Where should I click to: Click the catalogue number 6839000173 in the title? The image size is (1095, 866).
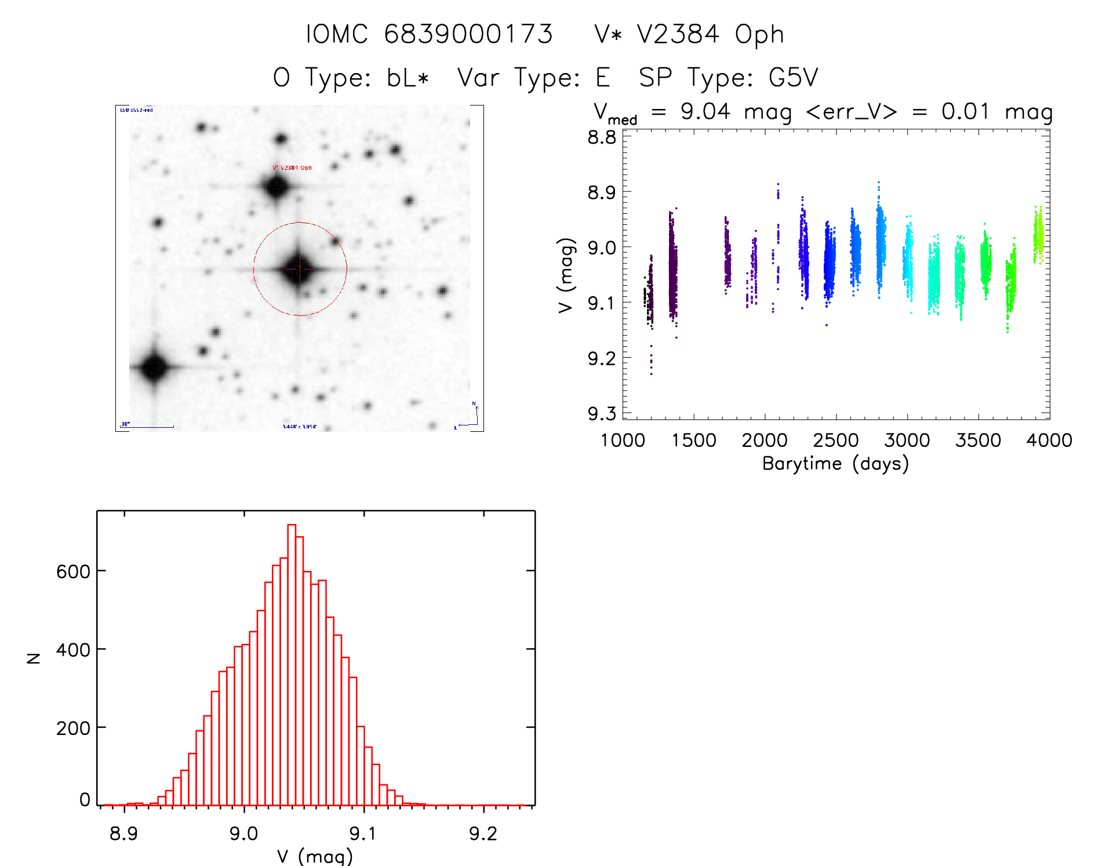(468, 34)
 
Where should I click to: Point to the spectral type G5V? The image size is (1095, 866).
(794, 78)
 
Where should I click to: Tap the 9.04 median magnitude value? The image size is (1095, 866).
(705, 111)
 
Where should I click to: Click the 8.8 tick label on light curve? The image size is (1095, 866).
(602, 137)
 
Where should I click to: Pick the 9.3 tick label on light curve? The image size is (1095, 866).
(602, 413)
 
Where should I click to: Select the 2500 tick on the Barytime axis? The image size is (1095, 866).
(836, 441)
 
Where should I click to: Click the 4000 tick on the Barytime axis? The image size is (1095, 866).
(1049, 441)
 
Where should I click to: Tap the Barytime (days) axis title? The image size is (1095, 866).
(835, 464)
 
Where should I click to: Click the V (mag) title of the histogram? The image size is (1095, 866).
(315, 856)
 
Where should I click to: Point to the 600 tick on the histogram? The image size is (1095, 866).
(73, 572)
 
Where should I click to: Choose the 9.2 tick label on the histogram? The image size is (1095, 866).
(483, 834)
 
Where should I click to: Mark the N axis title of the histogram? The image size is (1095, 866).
(34, 658)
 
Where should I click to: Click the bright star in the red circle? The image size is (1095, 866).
(299, 268)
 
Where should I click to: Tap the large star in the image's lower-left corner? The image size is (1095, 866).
(154, 367)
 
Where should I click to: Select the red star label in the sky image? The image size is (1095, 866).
(292, 168)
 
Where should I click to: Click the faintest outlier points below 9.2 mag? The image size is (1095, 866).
(651, 362)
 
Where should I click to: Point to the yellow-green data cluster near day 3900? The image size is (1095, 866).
(1038, 235)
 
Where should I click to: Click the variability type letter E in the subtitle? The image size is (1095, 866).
(603, 78)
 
